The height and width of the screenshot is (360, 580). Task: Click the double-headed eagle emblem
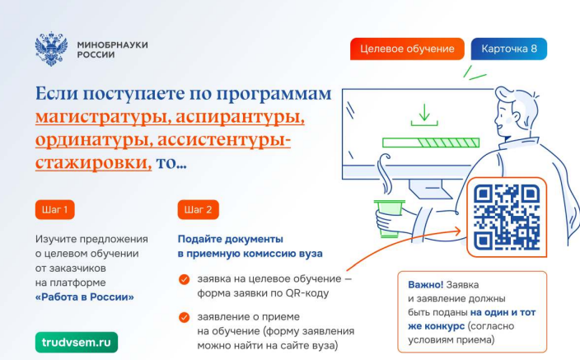[51, 49]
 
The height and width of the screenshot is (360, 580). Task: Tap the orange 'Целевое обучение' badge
[407, 49]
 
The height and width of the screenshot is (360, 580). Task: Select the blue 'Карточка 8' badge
[509, 49]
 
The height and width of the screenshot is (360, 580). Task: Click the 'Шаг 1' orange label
[54, 210]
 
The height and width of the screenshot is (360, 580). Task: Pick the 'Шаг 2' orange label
[199, 210]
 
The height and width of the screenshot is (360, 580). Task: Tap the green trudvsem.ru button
[77, 342]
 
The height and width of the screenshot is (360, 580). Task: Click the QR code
[507, 217]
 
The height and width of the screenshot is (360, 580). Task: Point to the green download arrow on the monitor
[424, 115]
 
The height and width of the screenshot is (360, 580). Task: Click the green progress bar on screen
[431, 143]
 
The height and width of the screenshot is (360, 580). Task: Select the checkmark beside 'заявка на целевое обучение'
[185, 279]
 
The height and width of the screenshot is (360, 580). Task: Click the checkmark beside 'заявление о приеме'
[185, 317]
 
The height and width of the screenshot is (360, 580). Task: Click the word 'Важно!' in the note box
[425, 284]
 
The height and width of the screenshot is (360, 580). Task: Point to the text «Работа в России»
[85, 297]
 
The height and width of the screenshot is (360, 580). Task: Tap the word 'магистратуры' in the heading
[103, 117]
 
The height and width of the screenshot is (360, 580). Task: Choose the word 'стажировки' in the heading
[93, 163]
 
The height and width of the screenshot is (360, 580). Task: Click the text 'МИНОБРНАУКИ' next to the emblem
[112, 44]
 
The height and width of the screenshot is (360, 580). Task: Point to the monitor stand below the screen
[429, 189]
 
